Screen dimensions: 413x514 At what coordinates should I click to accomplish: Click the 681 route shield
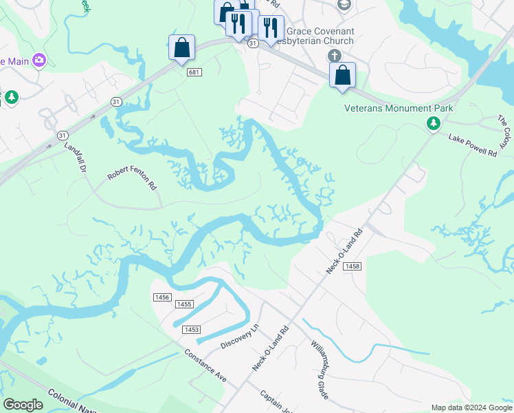pos(195,72)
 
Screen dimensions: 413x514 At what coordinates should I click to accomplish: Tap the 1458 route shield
pos(353,266)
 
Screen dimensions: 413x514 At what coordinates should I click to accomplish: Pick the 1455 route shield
pos(184,304)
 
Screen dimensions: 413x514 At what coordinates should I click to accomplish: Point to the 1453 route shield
pos(191,330)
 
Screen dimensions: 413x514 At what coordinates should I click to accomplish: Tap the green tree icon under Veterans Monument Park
pos(433,123)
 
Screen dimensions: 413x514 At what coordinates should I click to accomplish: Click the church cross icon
pos(334,56)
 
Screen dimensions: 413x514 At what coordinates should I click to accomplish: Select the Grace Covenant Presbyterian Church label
pos(320,36)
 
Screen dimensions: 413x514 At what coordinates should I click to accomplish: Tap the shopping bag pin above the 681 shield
pos(181,48)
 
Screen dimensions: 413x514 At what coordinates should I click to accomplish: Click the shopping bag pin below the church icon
pos(342,75)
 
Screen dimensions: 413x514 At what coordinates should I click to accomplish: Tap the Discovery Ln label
pos(238,336)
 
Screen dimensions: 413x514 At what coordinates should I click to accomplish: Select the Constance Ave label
pos(205,365)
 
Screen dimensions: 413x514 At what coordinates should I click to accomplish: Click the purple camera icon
pos(38,61)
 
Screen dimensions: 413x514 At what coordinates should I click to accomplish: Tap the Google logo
pos(23,405)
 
